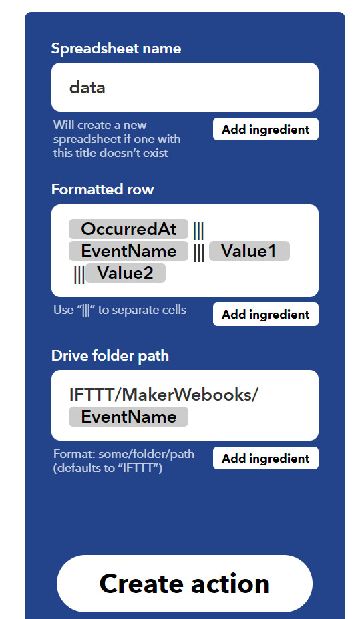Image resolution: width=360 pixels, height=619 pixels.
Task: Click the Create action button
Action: tap(184, 584)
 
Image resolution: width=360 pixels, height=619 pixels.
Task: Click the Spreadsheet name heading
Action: tap(116, 49)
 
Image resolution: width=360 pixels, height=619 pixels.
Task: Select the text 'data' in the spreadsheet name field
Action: tap(87, 87)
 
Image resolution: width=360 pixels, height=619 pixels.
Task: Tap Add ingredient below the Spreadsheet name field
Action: tap(266, 129)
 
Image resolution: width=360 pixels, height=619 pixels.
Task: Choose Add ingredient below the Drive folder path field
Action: tap(266, 458)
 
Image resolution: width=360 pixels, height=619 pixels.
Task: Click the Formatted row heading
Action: tap(103, 189)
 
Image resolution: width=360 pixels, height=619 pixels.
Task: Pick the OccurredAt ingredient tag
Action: tap(129, 229)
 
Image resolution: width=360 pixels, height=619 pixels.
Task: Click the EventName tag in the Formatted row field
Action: tap(129, 251)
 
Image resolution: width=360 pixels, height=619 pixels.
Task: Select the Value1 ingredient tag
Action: tap(249, 251)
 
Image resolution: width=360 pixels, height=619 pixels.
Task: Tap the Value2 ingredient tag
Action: tap(126, 273)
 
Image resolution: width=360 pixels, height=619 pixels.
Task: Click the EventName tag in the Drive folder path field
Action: tap(129, 417)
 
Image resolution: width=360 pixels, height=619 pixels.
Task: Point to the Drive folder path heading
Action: tap(110, 356)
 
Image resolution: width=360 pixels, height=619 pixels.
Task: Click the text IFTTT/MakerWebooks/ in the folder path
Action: tap(164, 395)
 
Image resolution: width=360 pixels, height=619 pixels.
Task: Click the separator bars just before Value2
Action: tap(79, 274)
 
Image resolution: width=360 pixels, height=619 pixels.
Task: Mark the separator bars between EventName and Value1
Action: tap(199, 252)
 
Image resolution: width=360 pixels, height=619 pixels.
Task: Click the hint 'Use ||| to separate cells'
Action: tap(120, 311)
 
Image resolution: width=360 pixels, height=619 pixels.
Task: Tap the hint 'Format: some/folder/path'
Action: tap(124, 454)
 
